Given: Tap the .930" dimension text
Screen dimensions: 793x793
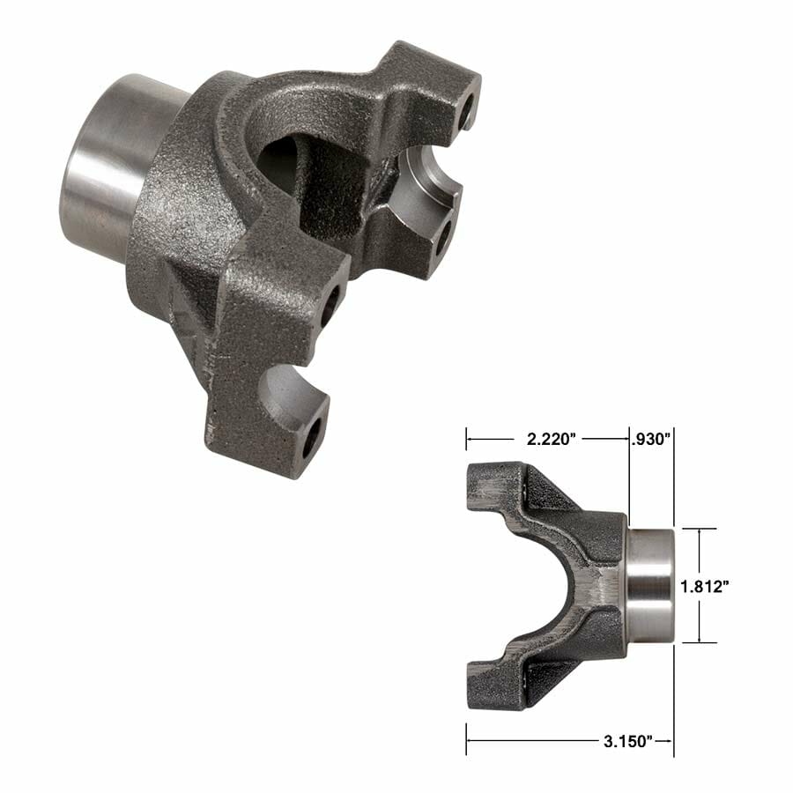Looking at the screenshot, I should click(x=652, y=437).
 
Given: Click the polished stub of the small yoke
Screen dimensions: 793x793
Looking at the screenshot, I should click(x=650, y=586).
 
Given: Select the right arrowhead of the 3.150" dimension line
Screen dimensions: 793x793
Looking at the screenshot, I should click(x=670, y=741).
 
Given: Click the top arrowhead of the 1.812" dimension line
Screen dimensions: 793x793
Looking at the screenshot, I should click(x=700, y=532).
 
